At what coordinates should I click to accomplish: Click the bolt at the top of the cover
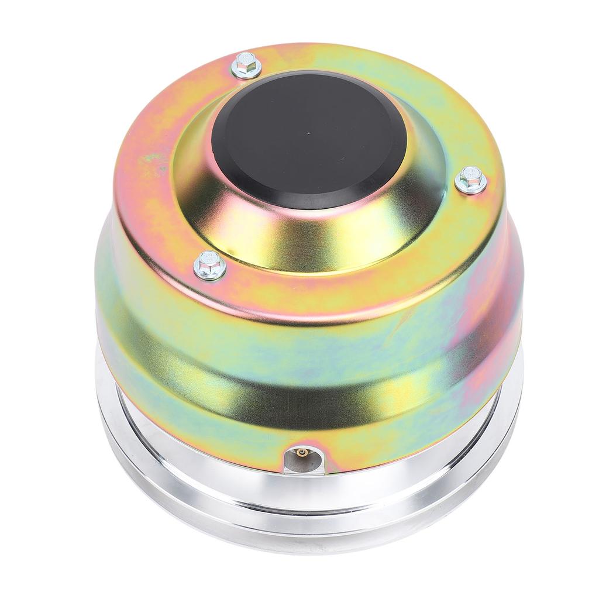pyautogui.click(x=246, y=66)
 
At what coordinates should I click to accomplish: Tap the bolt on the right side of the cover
pyautogui.click(x=471, y=180)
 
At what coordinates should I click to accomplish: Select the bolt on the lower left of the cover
pyautogui.click(x=210, y=265)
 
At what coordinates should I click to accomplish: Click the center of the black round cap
pyautogui.click(x=309, y=140)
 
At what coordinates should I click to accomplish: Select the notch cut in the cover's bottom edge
pyautogui.click(x=303, y=459)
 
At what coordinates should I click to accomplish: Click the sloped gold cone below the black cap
pyautogui.click(x=304, y=240)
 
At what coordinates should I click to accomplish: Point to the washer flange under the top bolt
pyautogui.click(x=246, y=74)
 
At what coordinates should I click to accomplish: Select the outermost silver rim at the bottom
pyautogui.click(x=304, y=541)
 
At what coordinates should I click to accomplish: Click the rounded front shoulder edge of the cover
pyautogui.click(x=304, y=301)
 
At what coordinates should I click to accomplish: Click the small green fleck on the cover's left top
pyautogui.click(x=153, y=157)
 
